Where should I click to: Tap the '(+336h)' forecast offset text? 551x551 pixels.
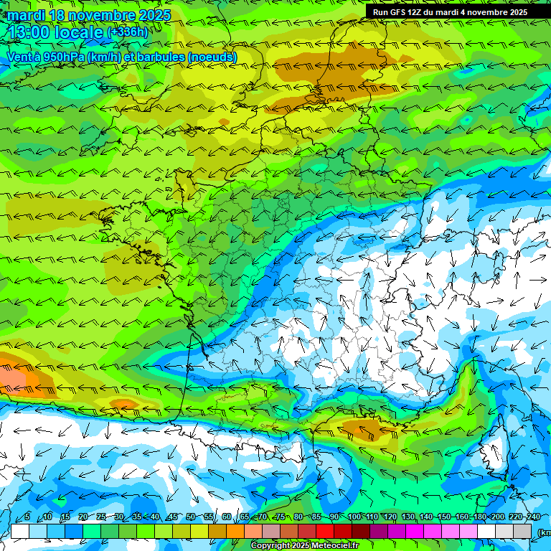[x=127, y=32]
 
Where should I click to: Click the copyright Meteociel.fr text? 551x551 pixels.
[x=304, y=546]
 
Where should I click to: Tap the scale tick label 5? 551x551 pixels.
[x=27, y=517]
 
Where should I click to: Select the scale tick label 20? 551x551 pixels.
[x=83, y=517]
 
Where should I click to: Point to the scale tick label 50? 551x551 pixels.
[x=191, y=517]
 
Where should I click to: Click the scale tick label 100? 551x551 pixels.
[x=354, y=517]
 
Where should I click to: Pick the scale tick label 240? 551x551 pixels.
[x=533, y=517]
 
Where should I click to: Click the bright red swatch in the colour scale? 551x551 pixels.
[x=325, y=532]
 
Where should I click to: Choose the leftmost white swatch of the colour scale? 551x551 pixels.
[x=20, y=532]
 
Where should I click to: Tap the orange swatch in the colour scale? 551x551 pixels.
[x=235, y=532]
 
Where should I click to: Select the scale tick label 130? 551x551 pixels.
[x=408, y=517]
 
